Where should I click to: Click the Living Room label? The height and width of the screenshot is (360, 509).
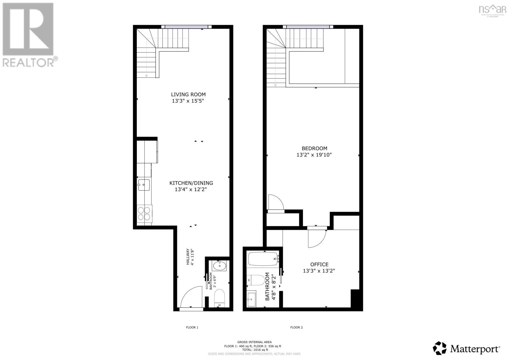coord(188,95)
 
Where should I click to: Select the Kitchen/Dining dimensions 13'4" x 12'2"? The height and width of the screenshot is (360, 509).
coord(191,189)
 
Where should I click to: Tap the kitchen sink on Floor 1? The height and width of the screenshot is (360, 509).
coord(144,185)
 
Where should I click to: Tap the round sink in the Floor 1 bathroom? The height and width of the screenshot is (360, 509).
coord(219,265)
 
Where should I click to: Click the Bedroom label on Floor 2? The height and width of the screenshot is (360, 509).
coord(314,148)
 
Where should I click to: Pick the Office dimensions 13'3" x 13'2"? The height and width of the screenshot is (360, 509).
coord(319,271)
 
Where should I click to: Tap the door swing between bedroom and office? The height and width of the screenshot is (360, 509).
coord(317,238)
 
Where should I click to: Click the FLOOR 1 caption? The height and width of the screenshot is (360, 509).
coord(192,327)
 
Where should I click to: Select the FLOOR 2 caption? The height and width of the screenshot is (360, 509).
coord(296,327)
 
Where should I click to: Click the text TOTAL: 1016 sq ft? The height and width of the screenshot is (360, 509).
coord(254,350)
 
